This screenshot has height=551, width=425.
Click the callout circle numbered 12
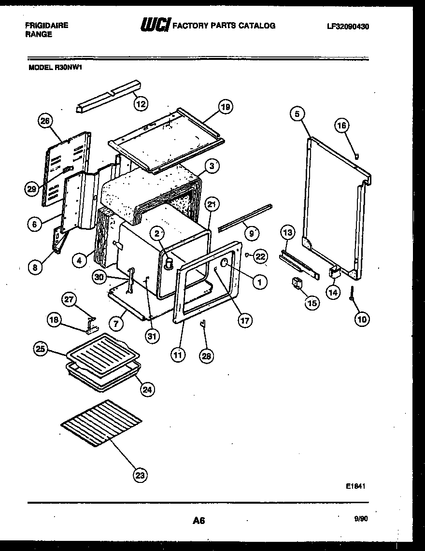(141, 103)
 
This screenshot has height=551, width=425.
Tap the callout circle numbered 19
(225, 107)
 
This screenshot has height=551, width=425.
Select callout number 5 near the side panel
(297, 114)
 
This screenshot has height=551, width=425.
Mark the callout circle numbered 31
(153, 336)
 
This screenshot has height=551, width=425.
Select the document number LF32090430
(348, 27)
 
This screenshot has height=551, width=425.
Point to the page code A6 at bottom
(198, 521)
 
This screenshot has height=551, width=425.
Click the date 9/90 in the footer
(360, 519)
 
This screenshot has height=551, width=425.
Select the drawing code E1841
(354, 487)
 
